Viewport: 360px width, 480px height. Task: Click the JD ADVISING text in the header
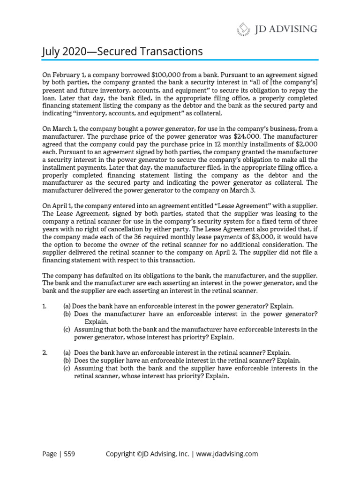286,29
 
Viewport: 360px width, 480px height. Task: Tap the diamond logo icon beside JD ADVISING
243,30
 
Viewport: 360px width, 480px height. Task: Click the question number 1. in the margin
45,306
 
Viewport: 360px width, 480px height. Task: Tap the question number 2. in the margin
45,352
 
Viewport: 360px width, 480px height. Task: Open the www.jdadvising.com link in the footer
227,454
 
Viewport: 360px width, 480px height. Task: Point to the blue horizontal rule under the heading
180,60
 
